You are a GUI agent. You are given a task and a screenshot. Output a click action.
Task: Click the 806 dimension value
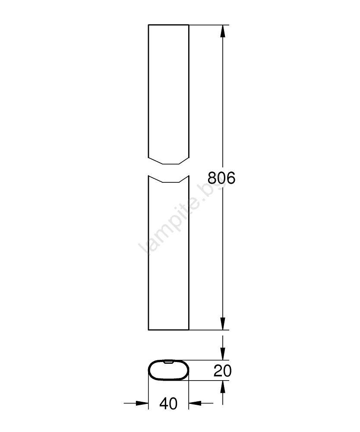(221, 178)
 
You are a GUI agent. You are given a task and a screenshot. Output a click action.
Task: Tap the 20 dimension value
(223, 371)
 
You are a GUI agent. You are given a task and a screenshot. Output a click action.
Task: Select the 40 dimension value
(168, 403)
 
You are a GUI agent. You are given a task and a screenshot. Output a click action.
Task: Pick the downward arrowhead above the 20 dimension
(223, 354)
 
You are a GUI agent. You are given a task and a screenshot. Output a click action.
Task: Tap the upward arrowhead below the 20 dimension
(223, 387)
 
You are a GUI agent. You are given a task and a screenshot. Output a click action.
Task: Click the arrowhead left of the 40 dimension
(142, 403)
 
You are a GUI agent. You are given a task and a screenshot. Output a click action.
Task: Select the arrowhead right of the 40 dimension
(195, 403)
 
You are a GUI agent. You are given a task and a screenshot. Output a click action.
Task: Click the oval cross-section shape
(149, 370)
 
